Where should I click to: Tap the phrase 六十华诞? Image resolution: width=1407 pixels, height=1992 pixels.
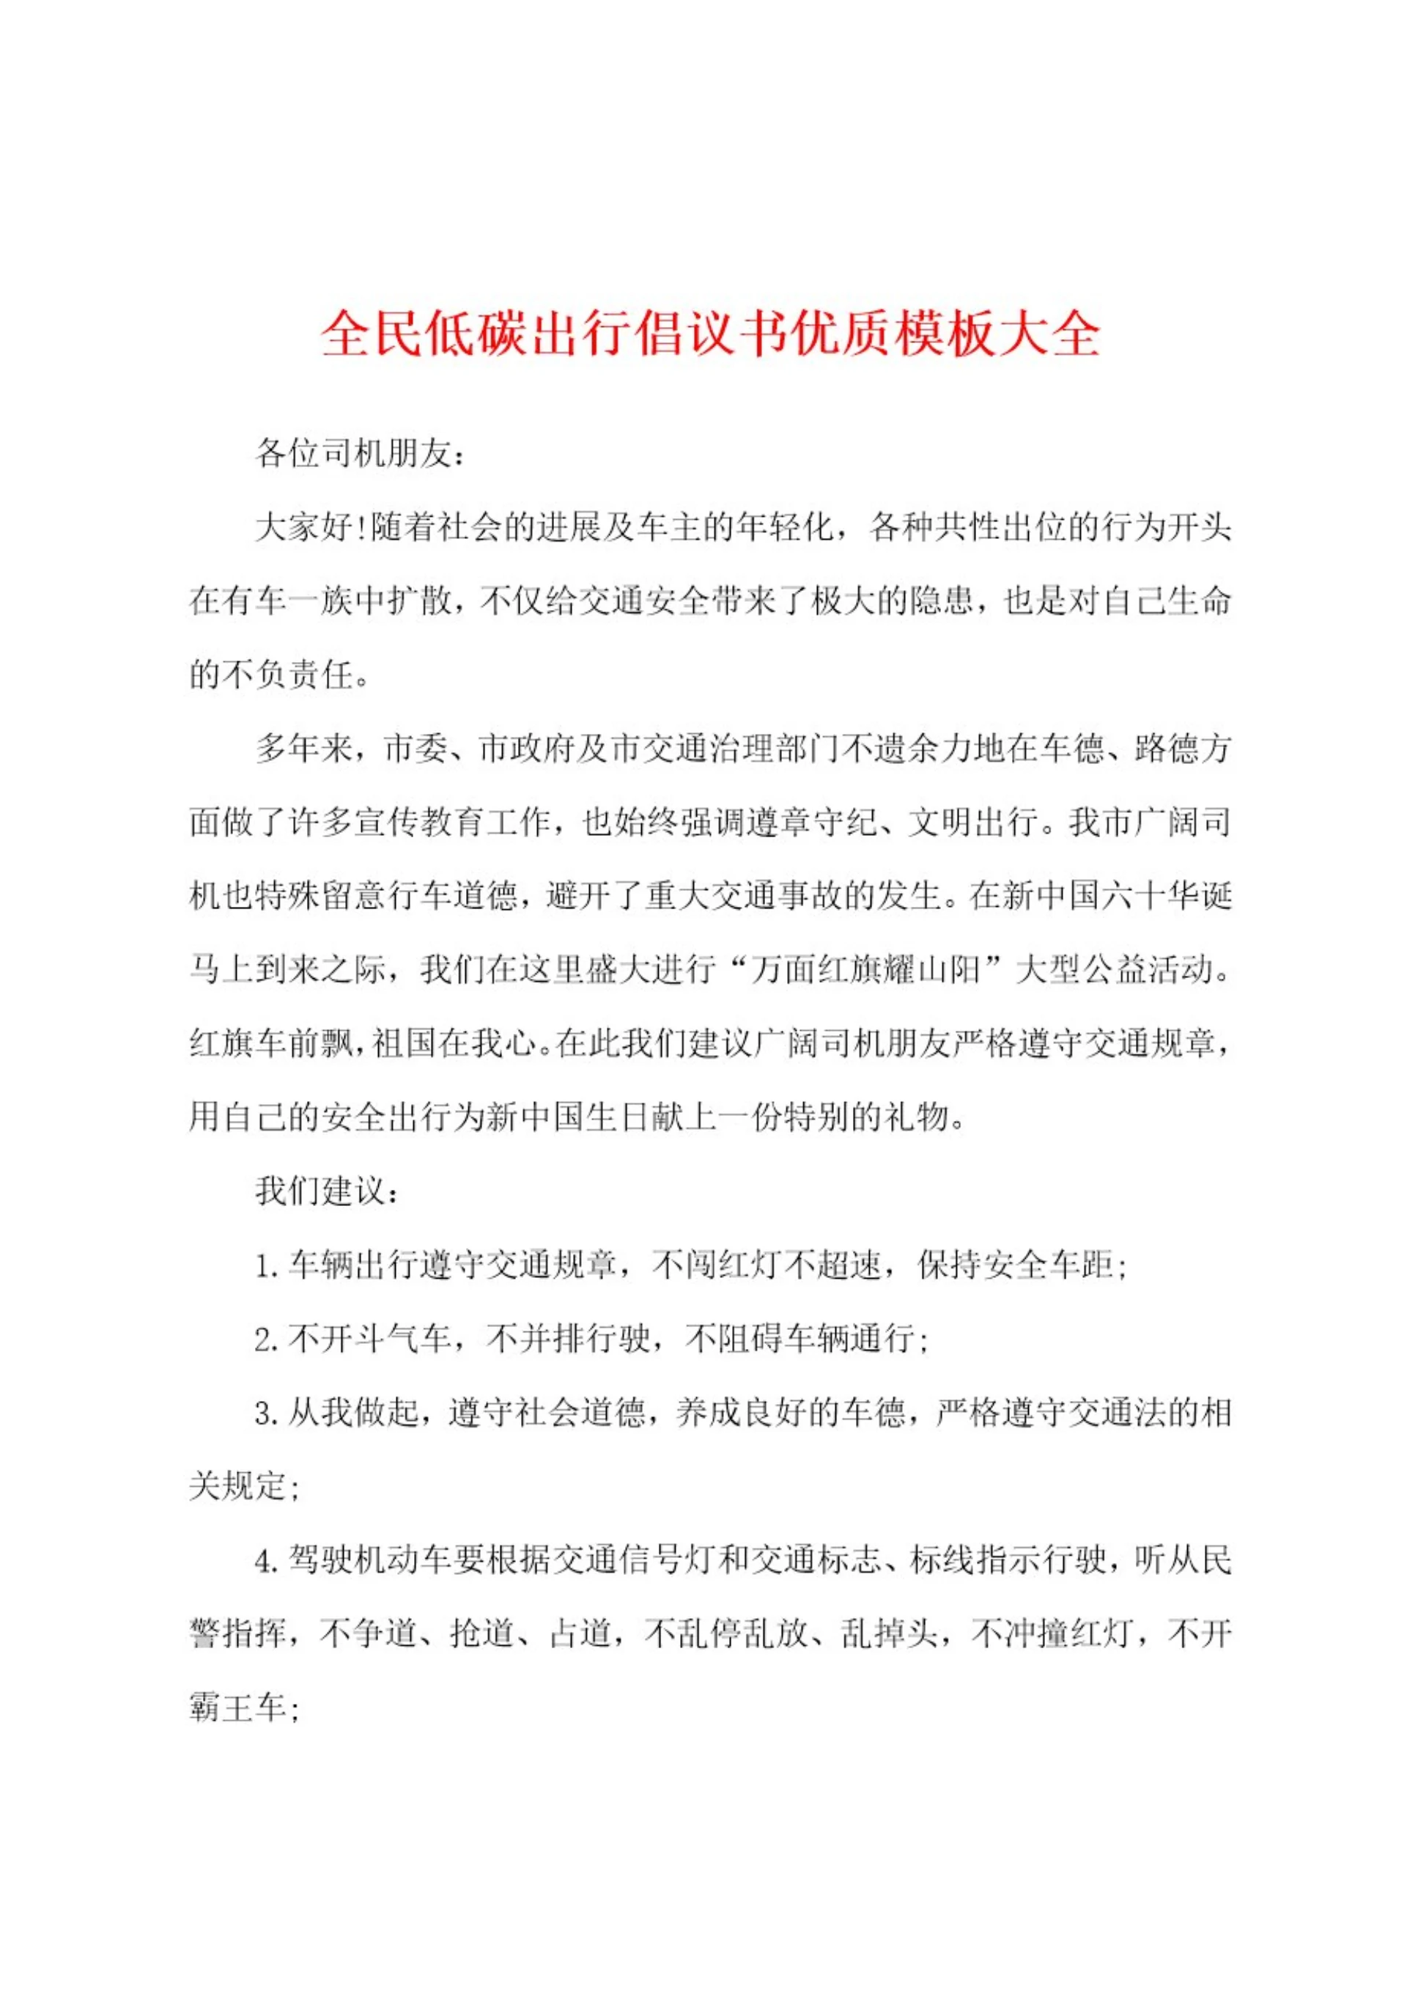(1166, 895)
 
